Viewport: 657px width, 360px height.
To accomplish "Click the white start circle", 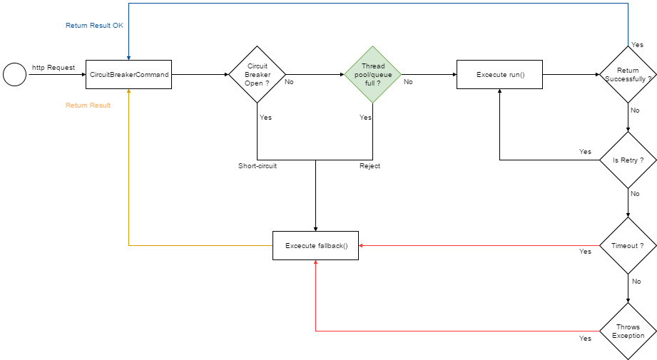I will click(x=14, y=74).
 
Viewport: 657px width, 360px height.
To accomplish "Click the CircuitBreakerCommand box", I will click(x=128, y=74).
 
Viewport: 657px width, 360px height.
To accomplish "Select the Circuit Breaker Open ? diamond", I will click(x=257, y=74).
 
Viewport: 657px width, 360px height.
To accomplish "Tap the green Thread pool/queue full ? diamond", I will click(x=372, y=74).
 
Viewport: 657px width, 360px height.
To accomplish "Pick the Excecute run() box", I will click(x=499, y=74).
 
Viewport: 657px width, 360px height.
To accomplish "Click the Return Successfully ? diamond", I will click(x=628, y=74).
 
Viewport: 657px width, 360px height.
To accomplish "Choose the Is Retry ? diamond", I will click(x=628, y=160).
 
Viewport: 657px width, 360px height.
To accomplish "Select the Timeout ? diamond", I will click(x=628, y=245).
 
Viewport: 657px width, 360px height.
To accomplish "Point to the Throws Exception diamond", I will click(x=628, y=331).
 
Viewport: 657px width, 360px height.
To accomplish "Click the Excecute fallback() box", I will click(x=315, y=245).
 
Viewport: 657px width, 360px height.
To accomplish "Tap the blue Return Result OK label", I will click(x=94, y=26).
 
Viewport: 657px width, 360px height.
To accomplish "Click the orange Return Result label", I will click(x=88, y=105).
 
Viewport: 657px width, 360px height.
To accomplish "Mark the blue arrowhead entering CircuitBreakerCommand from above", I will click(x=128, y=58).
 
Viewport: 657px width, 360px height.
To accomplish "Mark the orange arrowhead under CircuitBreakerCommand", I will click(x=128, y=91).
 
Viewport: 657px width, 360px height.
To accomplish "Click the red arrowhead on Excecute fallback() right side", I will click(x=361, y=245).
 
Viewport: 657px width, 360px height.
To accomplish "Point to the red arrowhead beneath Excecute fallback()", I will click(x=315, y=262).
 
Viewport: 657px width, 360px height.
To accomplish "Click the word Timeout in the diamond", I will click(x=623, y=245).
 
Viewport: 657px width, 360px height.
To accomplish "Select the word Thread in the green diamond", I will click(x=372, y=66).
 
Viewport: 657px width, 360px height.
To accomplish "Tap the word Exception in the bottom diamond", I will click(x=628, y=335).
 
